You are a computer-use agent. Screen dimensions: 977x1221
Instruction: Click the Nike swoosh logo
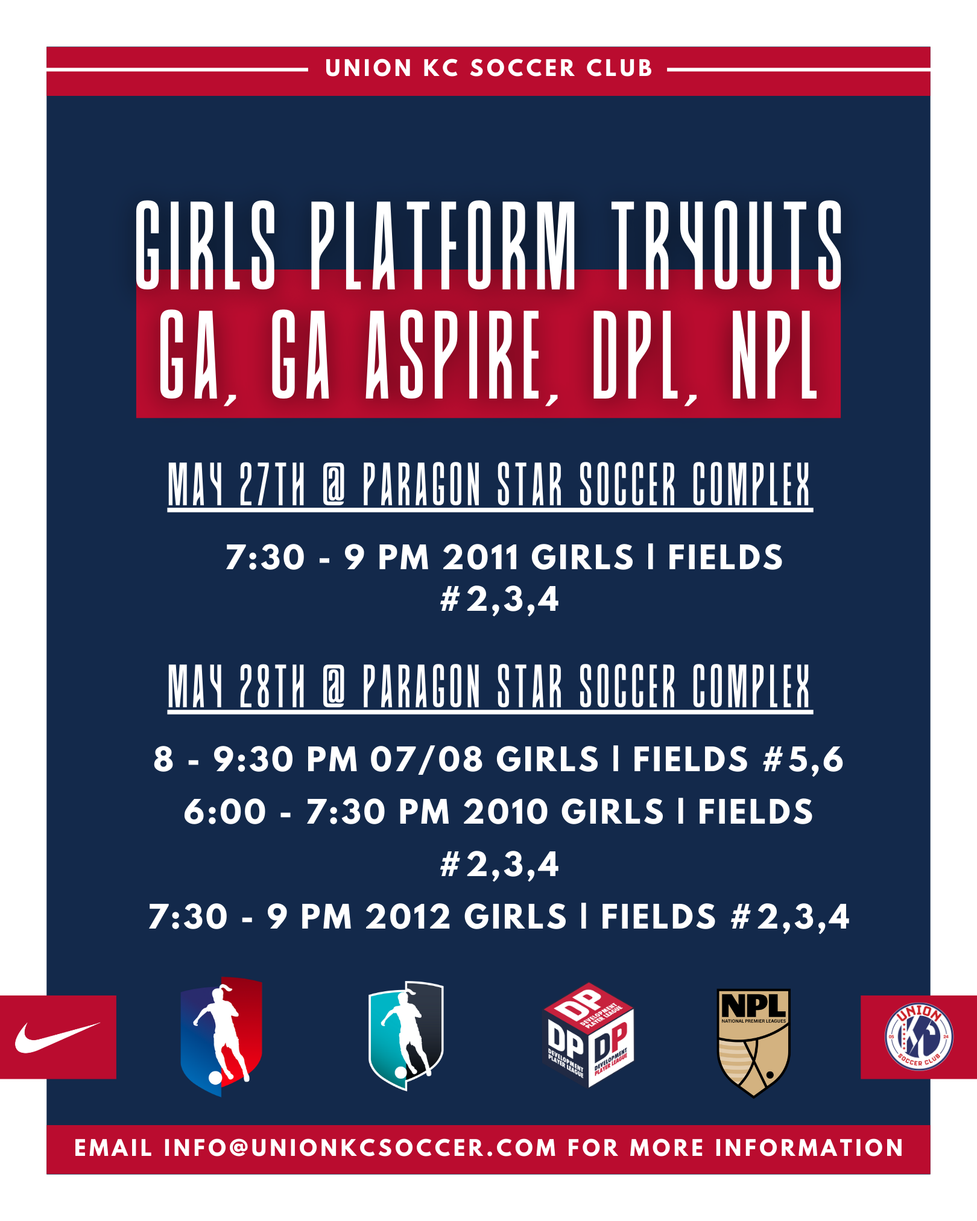click(57, 1037)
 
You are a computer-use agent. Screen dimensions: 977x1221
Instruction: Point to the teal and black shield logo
click(406, 1036)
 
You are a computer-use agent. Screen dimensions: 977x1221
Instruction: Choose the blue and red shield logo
click(221, 1036)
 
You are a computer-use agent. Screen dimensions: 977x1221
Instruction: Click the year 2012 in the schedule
click(408, 917)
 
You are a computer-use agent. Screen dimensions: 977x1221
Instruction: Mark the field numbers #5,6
click(803, 759)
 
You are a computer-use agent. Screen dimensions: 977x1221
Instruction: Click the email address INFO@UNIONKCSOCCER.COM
click(360, 1148)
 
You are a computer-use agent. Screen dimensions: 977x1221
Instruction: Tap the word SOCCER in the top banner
click(522, 68)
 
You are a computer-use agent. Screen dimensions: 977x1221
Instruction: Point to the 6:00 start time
click(225, 812)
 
